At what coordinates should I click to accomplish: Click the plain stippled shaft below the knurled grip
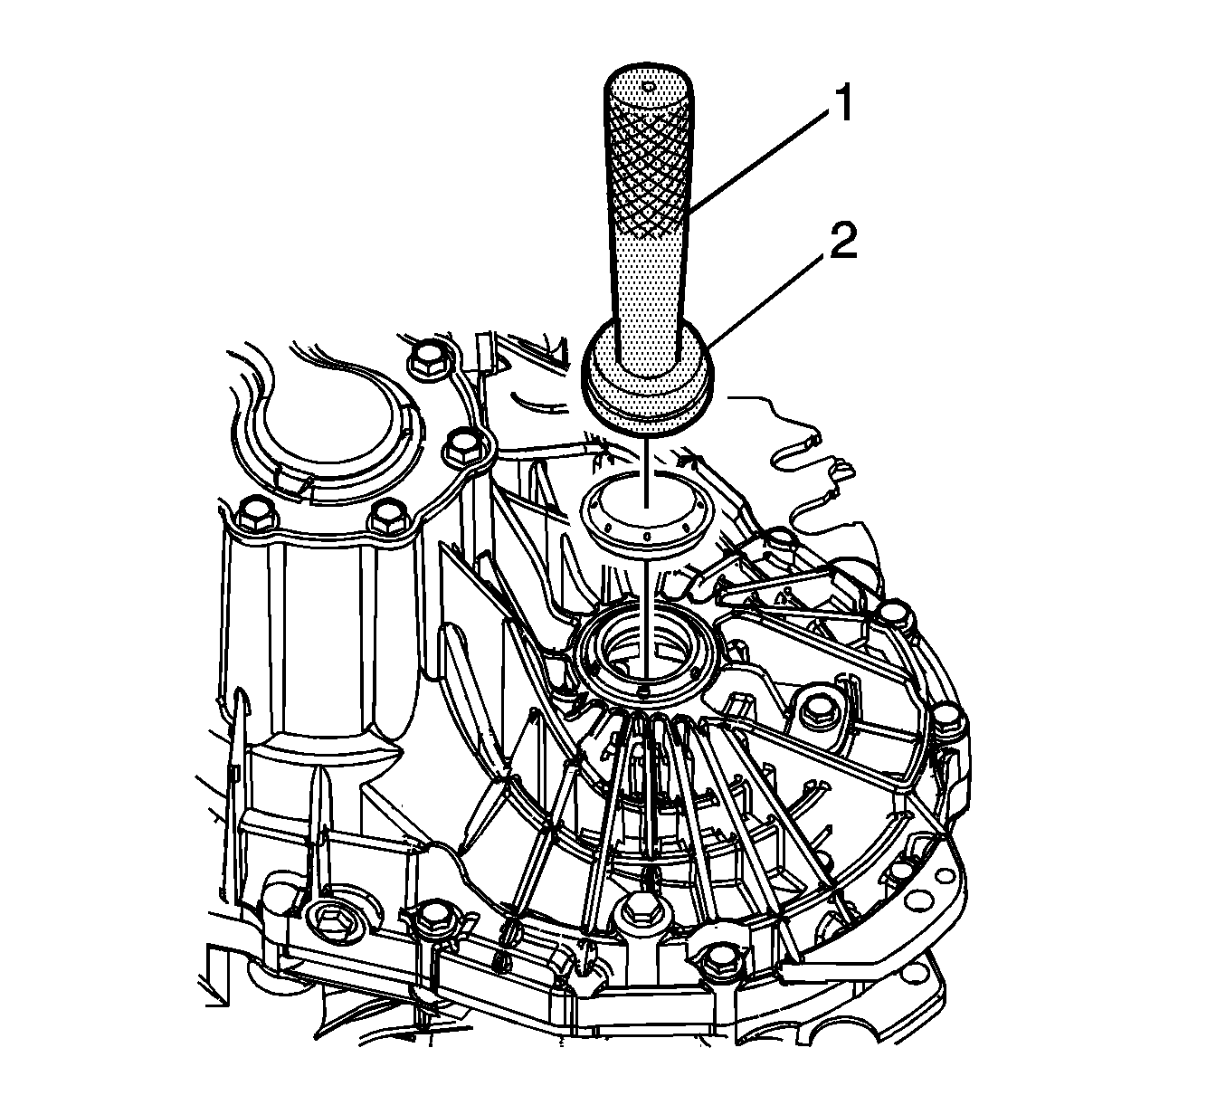coord(648,293)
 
